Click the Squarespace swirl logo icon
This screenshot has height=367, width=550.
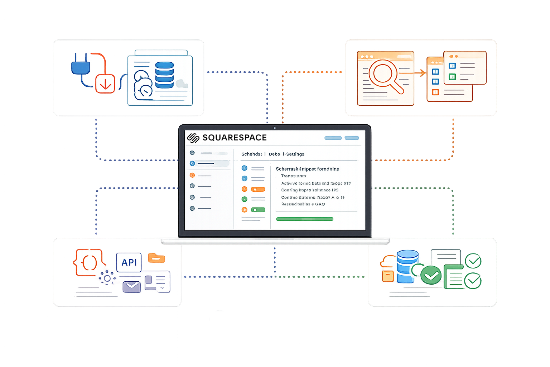pyautogui.click(x=193, y=138)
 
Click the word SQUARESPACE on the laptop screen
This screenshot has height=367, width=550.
pyautogui.click(x=235, y=138)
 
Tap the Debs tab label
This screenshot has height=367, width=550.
pyautogui.click(x=274, y=154)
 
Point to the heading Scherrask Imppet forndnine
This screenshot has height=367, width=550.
pyautogui.click(x=307, y=169)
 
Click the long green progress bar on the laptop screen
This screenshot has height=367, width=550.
pyautogui.click(x=304, y=219)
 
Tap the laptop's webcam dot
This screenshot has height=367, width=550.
pyautogui.click(x=275, y=128)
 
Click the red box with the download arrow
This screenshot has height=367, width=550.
pyautogui.click(x=105, y=84)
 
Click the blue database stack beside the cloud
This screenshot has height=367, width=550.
pyautogui.click(x=164, y=75)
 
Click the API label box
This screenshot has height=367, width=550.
pyautogui.click(x=129, y=262)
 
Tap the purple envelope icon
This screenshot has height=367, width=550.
pyautogui.click(x=131, y=287)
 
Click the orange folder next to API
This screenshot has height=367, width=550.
pyautogui.click(x=156, y=258)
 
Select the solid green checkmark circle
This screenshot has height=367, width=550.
pyautogui.click(x=431, y=275)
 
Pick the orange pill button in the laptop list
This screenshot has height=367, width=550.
pyautogui.click(x=258, y=189)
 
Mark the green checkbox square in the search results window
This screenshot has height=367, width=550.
pyautogui.click(x=452, y=77)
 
